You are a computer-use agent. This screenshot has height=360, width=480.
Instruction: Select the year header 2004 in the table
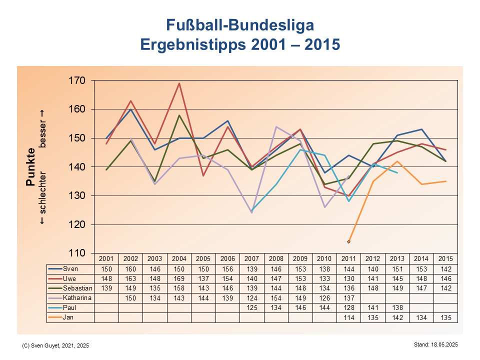pos(179,259)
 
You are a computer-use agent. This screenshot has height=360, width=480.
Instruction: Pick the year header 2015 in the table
pos(445,259)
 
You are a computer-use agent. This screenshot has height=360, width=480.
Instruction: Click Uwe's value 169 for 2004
pos(179,278)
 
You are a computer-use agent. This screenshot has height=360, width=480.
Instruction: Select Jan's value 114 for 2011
pos(348,317)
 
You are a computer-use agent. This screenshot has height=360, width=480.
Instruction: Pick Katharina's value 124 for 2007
pos(251,298)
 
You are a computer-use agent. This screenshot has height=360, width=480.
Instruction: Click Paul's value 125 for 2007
pos(251,307)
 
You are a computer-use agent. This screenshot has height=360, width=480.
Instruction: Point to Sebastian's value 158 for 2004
pos(179,288)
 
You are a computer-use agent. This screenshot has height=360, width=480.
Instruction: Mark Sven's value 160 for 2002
pos(130,269)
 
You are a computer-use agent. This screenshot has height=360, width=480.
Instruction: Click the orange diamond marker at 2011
pos(348,241)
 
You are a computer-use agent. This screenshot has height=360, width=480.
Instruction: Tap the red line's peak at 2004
pos(179,83)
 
